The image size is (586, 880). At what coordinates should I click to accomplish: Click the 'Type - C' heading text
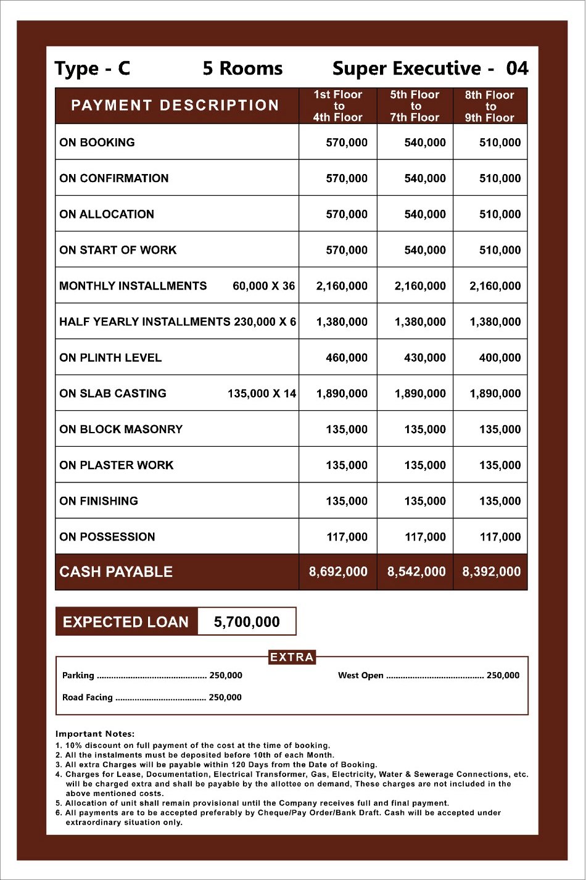(92, 68)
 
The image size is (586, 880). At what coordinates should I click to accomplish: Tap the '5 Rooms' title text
(242, 68)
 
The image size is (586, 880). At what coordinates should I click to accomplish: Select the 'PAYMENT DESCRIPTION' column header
(175, 106)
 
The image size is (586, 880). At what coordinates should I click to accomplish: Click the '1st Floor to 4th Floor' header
(337, 106)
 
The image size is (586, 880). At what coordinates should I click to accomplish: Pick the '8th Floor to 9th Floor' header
(490, 106)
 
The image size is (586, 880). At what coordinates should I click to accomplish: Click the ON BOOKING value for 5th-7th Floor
(424, 143)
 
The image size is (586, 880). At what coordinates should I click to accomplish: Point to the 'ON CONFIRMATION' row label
(114, 178)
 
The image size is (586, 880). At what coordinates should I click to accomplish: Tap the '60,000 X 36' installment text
(263, 286)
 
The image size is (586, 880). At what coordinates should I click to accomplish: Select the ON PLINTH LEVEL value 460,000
(346, 357)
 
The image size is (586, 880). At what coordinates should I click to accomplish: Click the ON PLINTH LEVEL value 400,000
(500, 357)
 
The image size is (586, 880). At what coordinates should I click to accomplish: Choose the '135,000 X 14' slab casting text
(262, 393)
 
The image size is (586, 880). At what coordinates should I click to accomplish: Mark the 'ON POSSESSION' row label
(107, 537)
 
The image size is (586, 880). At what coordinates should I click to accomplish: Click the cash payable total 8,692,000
(338, 572)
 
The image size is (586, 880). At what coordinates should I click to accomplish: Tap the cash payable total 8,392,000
(491, 572)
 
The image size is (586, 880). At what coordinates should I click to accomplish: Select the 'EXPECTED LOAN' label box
(126, 622)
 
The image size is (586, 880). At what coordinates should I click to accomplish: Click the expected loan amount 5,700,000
(247, 622)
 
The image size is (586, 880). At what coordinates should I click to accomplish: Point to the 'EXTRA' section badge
(292, 657)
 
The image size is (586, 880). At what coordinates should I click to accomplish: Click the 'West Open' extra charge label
(361, 676)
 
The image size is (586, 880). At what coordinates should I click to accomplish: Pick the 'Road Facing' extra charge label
(88, 697)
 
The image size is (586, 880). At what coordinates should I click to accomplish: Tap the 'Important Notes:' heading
(95, 734)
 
